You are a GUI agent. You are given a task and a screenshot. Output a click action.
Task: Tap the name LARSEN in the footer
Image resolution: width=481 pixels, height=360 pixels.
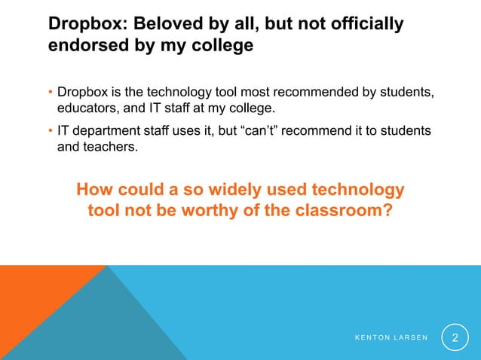pos(410,337)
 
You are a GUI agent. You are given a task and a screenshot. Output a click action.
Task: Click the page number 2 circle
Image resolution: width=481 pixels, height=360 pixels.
pos(455,336)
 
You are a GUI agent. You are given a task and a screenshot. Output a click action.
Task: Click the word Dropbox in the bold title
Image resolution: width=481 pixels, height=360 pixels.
pos(82,24)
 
